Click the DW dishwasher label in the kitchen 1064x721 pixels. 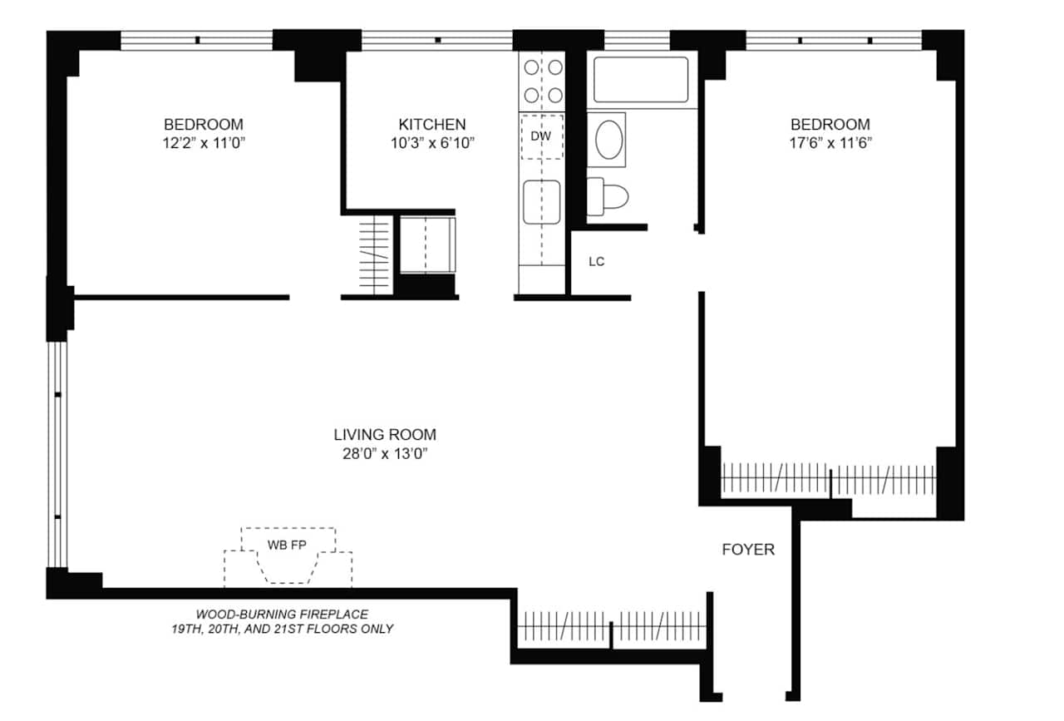click(541, 136)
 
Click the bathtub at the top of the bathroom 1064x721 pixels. click(641, 80)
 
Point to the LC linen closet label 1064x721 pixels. click(596, 262)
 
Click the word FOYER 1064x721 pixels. click(747, 549)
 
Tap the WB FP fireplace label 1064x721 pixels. click(287, 546)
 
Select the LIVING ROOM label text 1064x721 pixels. click(384, 434)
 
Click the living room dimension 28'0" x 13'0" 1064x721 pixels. click(384, 454)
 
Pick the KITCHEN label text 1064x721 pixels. click(431, 124)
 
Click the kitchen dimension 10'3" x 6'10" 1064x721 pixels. click(431, 143)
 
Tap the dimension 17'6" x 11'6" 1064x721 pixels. click(830, 143)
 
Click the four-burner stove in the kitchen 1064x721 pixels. click(541, 81)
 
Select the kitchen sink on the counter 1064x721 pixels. click(541, 203)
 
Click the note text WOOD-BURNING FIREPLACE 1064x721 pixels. click(278, 614)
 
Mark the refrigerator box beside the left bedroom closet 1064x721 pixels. click(426, 244)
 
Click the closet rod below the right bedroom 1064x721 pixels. click(828, 480)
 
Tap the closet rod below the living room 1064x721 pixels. click(612, 624)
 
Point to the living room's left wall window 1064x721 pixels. click(57, 454)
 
